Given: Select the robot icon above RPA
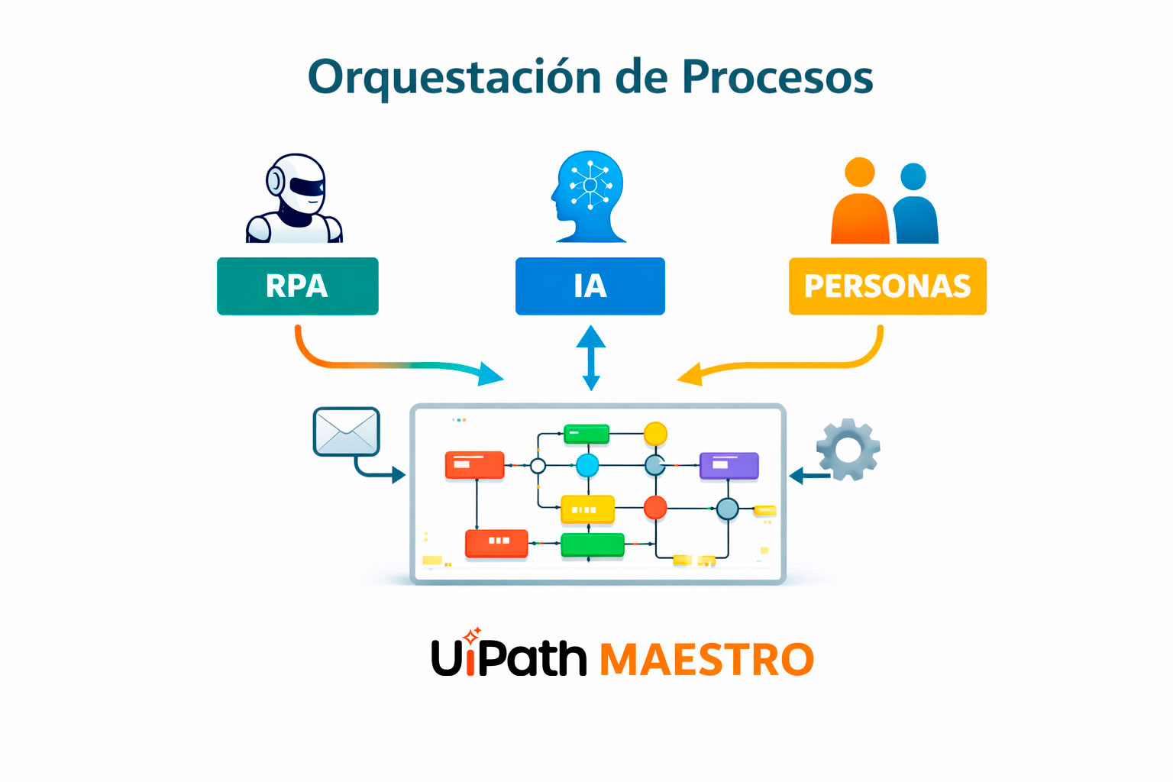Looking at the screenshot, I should pyautogui.click(x=295, y=199).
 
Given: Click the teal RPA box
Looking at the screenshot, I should pyautogui.click(x=297, y=286).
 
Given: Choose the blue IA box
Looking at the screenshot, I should pyautogui.click(x=590, y=286).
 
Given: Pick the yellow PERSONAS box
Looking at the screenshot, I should pyautogui.click(x=887, y=286).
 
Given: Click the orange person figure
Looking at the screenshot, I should pyautogui.click(x=860, y=206).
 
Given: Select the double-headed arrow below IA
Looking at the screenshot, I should pyautogui.click(x=590, y=357).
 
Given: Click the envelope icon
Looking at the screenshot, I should pyautogui.click(x=346, y=431).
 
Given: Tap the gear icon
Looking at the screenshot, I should pyautogui.click(x=848, y=449).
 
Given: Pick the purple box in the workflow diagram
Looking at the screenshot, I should pyautogui.click(x=729, y=465).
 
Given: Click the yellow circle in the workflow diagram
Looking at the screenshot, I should pyautogui.click(x=655, y=434).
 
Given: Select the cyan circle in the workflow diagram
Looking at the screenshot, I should pyautogui.click(x=587, y=464).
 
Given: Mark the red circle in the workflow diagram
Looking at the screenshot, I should pyautogui.click(x=655, y=507).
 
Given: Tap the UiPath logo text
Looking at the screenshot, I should pyautogui.click(x=509, y=658).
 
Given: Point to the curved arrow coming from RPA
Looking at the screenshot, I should pyautogui.click(x=382, y=364).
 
